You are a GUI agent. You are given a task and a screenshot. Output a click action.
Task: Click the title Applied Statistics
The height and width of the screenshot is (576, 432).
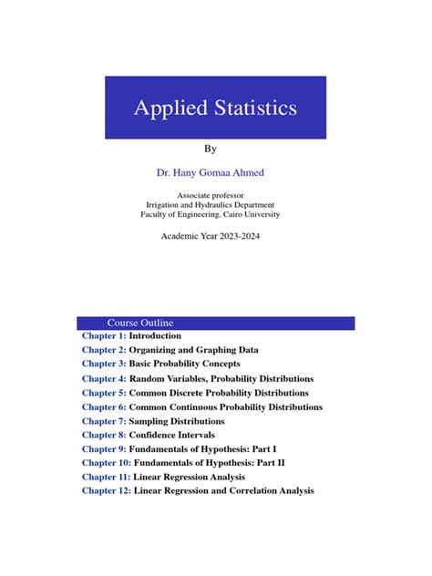tap(215, 108)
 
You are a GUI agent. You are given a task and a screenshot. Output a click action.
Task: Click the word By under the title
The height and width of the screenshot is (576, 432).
tap(215, 148)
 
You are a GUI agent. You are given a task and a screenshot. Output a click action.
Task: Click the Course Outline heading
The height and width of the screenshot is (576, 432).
tap(139, 324)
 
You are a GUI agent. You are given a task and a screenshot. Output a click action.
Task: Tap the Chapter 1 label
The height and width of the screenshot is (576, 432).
tap(103, 336)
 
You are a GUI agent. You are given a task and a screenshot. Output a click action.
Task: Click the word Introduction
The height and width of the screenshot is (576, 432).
tap(155, 336)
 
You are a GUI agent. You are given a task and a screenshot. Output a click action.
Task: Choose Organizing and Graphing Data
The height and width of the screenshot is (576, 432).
tap(193, 350)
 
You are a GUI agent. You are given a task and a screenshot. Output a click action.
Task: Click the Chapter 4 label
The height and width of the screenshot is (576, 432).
tap(103, 379)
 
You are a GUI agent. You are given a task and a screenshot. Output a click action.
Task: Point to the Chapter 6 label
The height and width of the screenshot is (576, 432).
tap(103, 407)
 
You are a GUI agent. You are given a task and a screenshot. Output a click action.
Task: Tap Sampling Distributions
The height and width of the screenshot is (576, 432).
tap(177, 421)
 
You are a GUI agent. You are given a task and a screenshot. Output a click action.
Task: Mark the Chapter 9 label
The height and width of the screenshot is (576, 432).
tap(103, 449)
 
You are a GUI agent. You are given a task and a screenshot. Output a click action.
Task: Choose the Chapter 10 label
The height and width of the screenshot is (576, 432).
tap(106, 463)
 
